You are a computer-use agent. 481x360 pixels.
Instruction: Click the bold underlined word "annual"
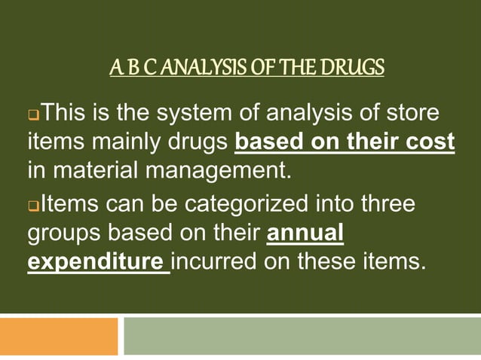click(306, 233)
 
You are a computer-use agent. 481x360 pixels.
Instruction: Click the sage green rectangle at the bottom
click(302, 336)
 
